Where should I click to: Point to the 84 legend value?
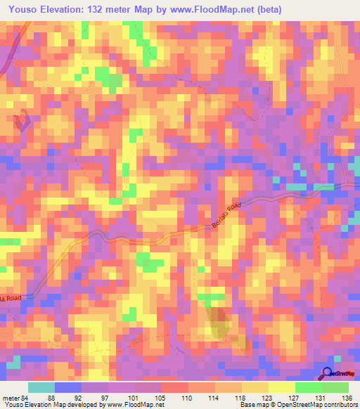coord(25,398)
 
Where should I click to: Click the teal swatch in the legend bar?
coord(41,388)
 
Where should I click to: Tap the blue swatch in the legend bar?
coord(68,388)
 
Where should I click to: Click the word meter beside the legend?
coord(9,398)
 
